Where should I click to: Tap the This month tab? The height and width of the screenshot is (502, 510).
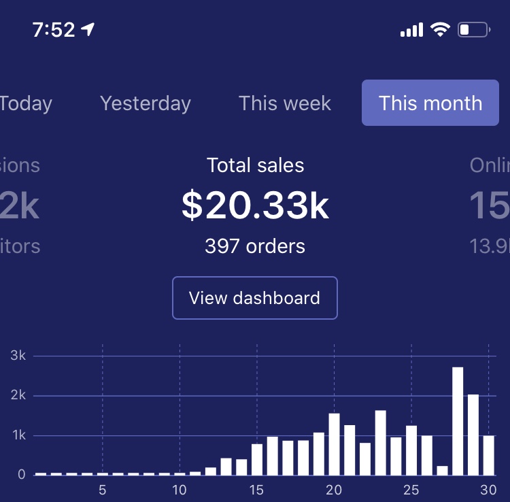coord(430,103)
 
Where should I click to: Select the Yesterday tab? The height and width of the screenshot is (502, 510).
coord(145,103)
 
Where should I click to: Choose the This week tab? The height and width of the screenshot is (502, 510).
coord(285,103)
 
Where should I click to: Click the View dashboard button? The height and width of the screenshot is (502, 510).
coord(254,298)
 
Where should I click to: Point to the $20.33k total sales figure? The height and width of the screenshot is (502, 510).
coord(255,205)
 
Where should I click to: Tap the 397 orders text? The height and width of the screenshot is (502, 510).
coord(255,246)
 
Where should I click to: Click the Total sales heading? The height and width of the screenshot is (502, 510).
coord(255,165)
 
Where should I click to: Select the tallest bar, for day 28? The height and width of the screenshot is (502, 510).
coord(458,421)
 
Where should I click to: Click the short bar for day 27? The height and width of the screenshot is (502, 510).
coord(442,470)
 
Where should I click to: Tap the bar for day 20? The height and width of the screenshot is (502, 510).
coord(334,444)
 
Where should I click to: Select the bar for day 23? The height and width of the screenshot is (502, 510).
coord(380,442)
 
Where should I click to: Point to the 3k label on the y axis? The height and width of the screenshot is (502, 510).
coord(18,356)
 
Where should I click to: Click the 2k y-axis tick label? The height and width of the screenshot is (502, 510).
coord(18,395)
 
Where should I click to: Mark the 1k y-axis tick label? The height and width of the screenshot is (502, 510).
coord(18,435)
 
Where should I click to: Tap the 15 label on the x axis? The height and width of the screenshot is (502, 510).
coord(256,490)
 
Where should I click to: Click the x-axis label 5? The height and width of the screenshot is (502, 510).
coord(102,490)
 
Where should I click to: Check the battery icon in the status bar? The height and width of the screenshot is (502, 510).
coord(474,30)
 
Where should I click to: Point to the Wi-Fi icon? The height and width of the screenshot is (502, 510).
coord(440,30)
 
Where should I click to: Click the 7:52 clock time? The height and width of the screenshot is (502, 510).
coord(54,31)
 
